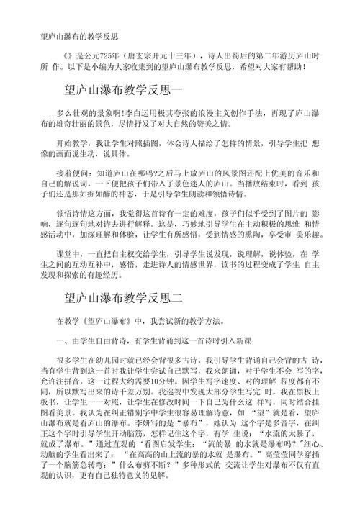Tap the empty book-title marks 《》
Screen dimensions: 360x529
click(x=68, y=54)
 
